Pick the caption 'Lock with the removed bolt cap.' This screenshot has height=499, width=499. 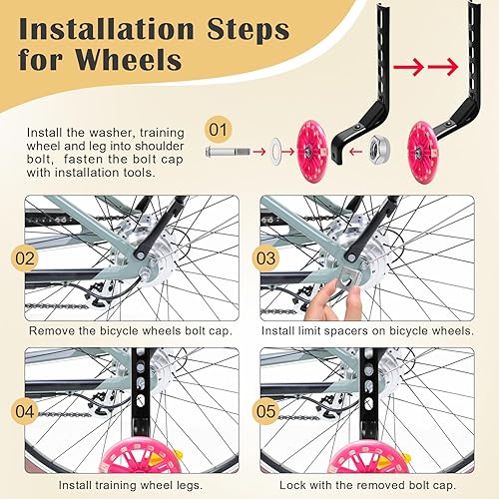[369, 486]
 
